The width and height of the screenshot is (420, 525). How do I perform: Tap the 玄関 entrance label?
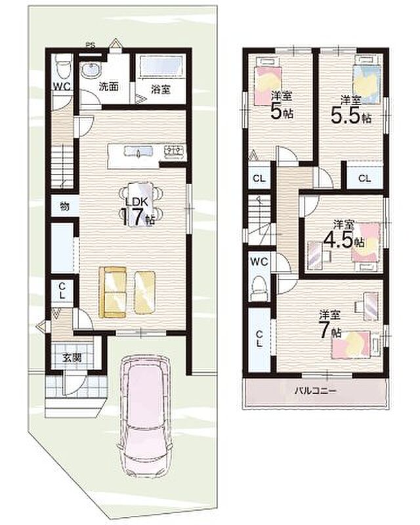click(x=72, y=358)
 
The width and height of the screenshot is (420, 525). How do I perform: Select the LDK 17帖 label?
click(x=137, y=211)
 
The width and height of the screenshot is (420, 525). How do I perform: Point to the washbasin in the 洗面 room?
click(x=91, y=70)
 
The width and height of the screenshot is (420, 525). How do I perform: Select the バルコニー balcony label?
click(x=315, y=390)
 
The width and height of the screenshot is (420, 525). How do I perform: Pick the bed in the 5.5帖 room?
click(x=367, y=79)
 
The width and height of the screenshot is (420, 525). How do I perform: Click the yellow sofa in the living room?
click(x=113, y=292)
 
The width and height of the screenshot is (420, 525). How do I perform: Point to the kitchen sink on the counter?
click(x=138, y=151)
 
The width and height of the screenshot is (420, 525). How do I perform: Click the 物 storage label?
click(x=65, y=206)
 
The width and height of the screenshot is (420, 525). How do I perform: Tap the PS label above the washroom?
click(x=90, y=45)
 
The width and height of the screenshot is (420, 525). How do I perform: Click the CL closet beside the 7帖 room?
click(x=259, y=339)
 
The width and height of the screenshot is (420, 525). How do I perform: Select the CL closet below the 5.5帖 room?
click(x=364, y=178)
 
